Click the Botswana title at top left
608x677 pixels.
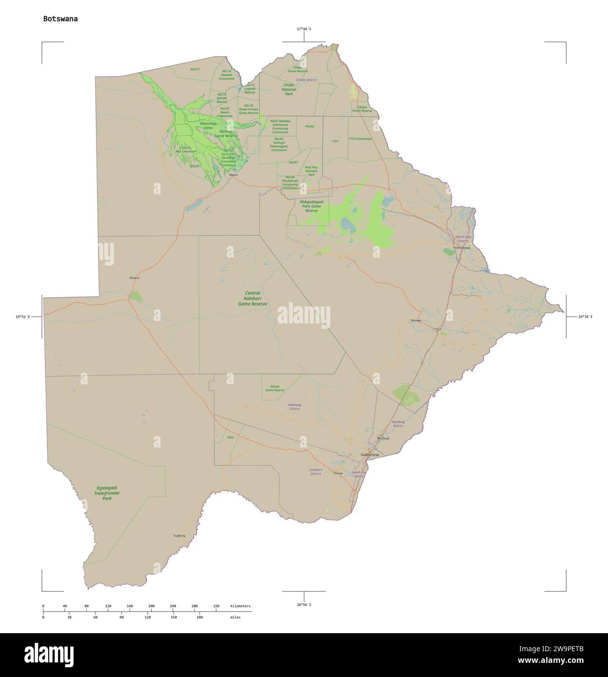tap(60, 19)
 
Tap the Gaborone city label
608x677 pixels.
tap(369, 454)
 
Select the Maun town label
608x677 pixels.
tap(234, 175)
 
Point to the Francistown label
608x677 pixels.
tap(462, 248)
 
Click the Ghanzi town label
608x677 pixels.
tap(134, 278)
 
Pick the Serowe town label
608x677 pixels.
tap(416, 320)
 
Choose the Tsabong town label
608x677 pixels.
tap(179, 536)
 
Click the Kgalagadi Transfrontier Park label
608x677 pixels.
tap(107, 493)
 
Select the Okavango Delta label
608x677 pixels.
tap(208, 126)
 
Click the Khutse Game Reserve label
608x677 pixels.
tap(275, 388)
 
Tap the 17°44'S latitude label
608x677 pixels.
tap(304, 29)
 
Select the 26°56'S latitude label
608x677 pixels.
tap(304, 604)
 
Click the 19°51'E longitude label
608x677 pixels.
tap(22, 317)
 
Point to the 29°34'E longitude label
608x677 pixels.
tap(585, 317)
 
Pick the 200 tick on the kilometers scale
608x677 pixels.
tap(151, 606)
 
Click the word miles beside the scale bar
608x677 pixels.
tap(235, 617)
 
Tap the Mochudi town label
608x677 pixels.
tap(383, 438)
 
